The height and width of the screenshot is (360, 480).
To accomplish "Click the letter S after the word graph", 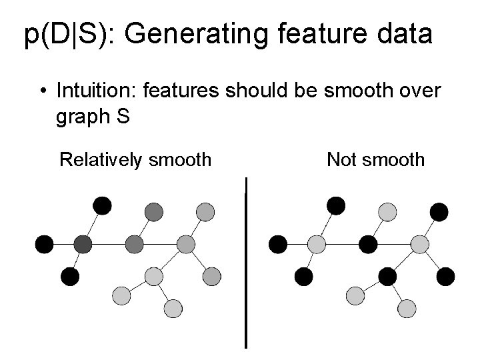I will [122, 117].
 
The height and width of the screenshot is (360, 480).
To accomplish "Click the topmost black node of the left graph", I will [102, 205].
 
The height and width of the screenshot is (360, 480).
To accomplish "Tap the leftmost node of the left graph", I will [45, 244].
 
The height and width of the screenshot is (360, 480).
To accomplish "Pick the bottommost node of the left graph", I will [173, 308].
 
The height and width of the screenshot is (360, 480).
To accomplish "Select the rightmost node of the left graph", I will [212, 275].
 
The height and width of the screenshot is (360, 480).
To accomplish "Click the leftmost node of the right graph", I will [277, 245].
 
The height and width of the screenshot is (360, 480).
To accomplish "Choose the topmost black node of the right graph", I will [336, 205].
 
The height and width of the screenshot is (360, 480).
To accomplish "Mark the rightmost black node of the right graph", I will [445, 275].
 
